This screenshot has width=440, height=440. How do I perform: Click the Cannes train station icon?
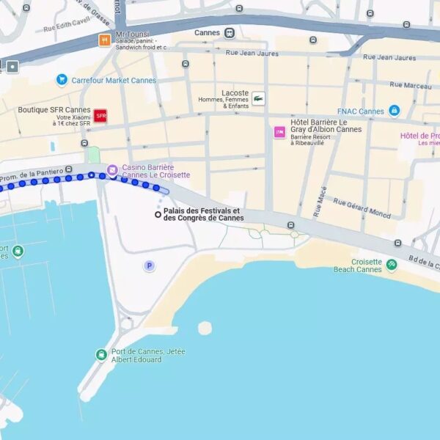230,33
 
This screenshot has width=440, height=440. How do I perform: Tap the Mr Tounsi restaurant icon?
105,40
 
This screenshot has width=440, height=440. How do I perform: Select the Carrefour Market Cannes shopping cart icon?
62,80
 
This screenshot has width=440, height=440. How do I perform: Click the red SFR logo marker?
100,116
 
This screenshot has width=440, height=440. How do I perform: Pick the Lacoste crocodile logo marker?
258,98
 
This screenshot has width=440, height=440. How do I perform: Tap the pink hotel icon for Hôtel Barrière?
279,132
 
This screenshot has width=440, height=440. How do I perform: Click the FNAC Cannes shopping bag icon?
395,111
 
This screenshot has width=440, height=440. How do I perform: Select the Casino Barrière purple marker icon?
112,171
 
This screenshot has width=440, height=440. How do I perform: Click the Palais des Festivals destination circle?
158,214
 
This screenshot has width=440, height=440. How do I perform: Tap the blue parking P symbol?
150,265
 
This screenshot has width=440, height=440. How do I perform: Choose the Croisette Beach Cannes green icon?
392,265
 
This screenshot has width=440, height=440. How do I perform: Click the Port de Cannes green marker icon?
101,356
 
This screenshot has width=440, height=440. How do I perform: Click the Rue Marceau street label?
407,85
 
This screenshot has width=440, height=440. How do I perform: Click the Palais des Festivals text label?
204,214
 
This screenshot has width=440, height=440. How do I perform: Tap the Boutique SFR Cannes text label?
54,110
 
